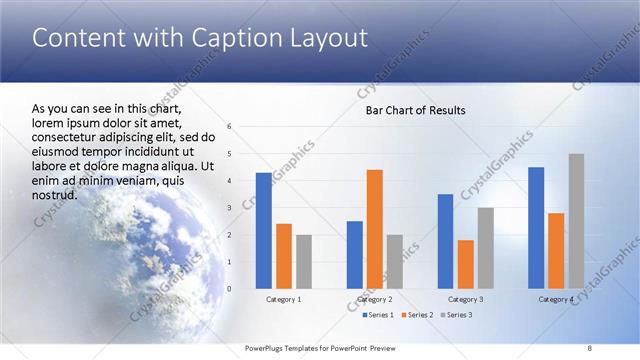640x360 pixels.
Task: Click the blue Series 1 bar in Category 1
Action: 264,231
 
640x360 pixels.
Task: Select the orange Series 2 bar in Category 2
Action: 375,229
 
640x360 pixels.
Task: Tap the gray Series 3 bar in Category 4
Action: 576,221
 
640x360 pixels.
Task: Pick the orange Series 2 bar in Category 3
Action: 466,264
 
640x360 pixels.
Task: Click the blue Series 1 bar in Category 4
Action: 536,228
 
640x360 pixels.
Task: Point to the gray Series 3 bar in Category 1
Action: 304,262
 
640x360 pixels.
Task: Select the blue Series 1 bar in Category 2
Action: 354,255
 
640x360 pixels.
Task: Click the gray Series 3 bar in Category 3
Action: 486,248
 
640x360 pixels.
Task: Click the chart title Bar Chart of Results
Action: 414,110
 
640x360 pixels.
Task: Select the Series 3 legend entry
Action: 457,315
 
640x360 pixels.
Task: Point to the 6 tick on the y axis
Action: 230,127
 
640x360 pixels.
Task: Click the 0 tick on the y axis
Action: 230,289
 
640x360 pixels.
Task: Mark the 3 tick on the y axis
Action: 230,208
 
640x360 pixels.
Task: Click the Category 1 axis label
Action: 284,299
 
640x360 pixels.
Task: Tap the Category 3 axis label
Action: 466,299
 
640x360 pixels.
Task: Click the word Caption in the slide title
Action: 222,39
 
